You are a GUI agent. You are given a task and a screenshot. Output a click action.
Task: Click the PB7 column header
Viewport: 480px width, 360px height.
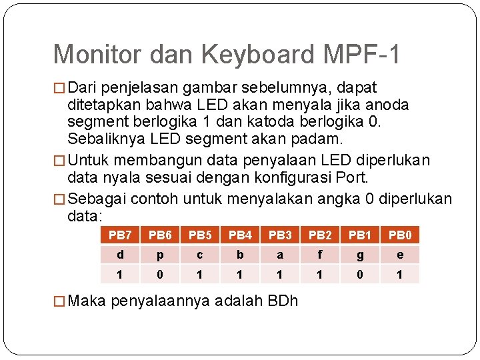pyautogui.click(x=120, y=235)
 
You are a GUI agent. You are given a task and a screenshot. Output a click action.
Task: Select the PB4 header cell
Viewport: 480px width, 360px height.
pyautogui.click(x=240, y=235)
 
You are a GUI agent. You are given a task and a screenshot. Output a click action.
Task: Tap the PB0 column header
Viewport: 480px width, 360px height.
pyautogui.click(x=400, y=235)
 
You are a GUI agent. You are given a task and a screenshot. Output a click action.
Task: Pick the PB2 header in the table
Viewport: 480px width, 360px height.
pyautogui.click(x=320, y=235)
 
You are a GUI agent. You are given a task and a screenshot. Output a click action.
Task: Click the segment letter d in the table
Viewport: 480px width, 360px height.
pyautogui.click(x=120, y=255)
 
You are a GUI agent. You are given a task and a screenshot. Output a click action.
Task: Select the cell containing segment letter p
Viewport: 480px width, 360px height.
pyautogui.click(x=160, y=255)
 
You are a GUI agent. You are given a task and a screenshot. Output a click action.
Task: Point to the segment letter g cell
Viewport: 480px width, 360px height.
pyautogui.click(x=360, y=255)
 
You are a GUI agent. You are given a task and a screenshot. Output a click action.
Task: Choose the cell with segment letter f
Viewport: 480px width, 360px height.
pyautogui.click(x=320, y=255)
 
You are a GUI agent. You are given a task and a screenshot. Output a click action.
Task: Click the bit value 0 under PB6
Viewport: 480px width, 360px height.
pyautogui.click(x=160, y=274)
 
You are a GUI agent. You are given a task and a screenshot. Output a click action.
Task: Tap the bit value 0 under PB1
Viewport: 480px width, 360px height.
pyautogui.click(x=360, y=274)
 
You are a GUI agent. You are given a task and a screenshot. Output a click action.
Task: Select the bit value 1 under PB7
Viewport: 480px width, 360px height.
pyautogui.click(x=120, y=274)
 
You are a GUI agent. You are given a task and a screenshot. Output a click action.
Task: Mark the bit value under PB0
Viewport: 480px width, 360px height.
pyautogui.click(x=400, y=274)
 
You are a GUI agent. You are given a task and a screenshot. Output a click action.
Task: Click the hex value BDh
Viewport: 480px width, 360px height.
pyautogui.click(x=283, y=301)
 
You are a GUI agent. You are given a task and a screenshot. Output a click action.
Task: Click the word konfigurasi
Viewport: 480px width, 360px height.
pyautogui.click(x=280, y=178)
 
